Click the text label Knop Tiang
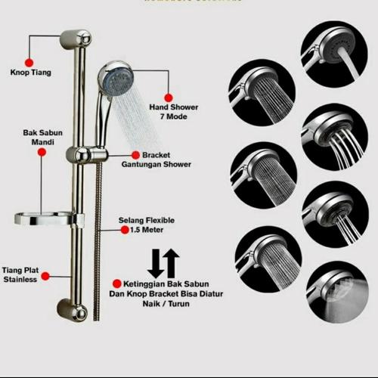coord(30,73)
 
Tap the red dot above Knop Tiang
coord(29,61)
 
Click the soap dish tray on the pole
coord(47,220)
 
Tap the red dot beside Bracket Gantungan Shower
coord(135,154)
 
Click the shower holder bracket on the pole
coord(84,155)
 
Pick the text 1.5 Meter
coord(135,229)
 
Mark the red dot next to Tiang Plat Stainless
coord(45,277)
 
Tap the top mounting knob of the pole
coord(76,37)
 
